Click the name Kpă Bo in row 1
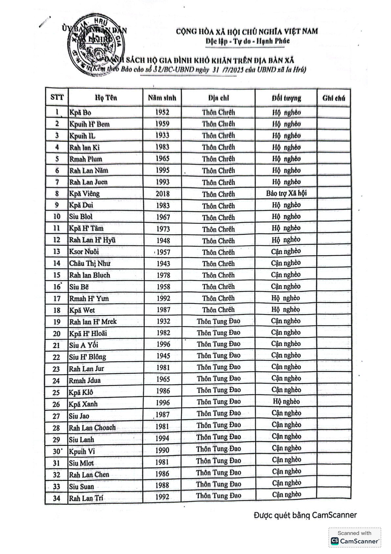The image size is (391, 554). (x=80, y=113)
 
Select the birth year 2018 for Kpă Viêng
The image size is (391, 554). (x=163, y=194)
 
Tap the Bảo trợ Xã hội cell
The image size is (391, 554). (x=286, y=193)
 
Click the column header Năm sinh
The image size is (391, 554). (x=162, y=98)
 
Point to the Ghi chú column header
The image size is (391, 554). (x=333, y=98)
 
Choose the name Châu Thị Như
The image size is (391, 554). (x=90, y=264)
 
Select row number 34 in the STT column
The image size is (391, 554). (x=57, y=498)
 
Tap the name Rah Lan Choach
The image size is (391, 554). (x=92, y=428)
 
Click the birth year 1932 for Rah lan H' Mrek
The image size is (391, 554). (x=163, y=321)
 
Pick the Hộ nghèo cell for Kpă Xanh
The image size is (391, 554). (x=286, y=401)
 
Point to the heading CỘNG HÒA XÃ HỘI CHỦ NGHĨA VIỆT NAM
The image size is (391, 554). (x=247, y=32)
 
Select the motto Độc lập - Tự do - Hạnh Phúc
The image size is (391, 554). (x=247, y=41)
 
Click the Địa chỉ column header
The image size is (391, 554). (x=218, y=98)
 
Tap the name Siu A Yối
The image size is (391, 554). (x=83, y=345)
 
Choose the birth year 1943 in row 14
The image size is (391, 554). (x=163, y=264)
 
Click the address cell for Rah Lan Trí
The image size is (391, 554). (x=218, y=495)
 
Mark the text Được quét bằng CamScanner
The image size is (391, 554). (x=305, y=515)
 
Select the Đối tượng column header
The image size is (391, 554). (x=286, y=98)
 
